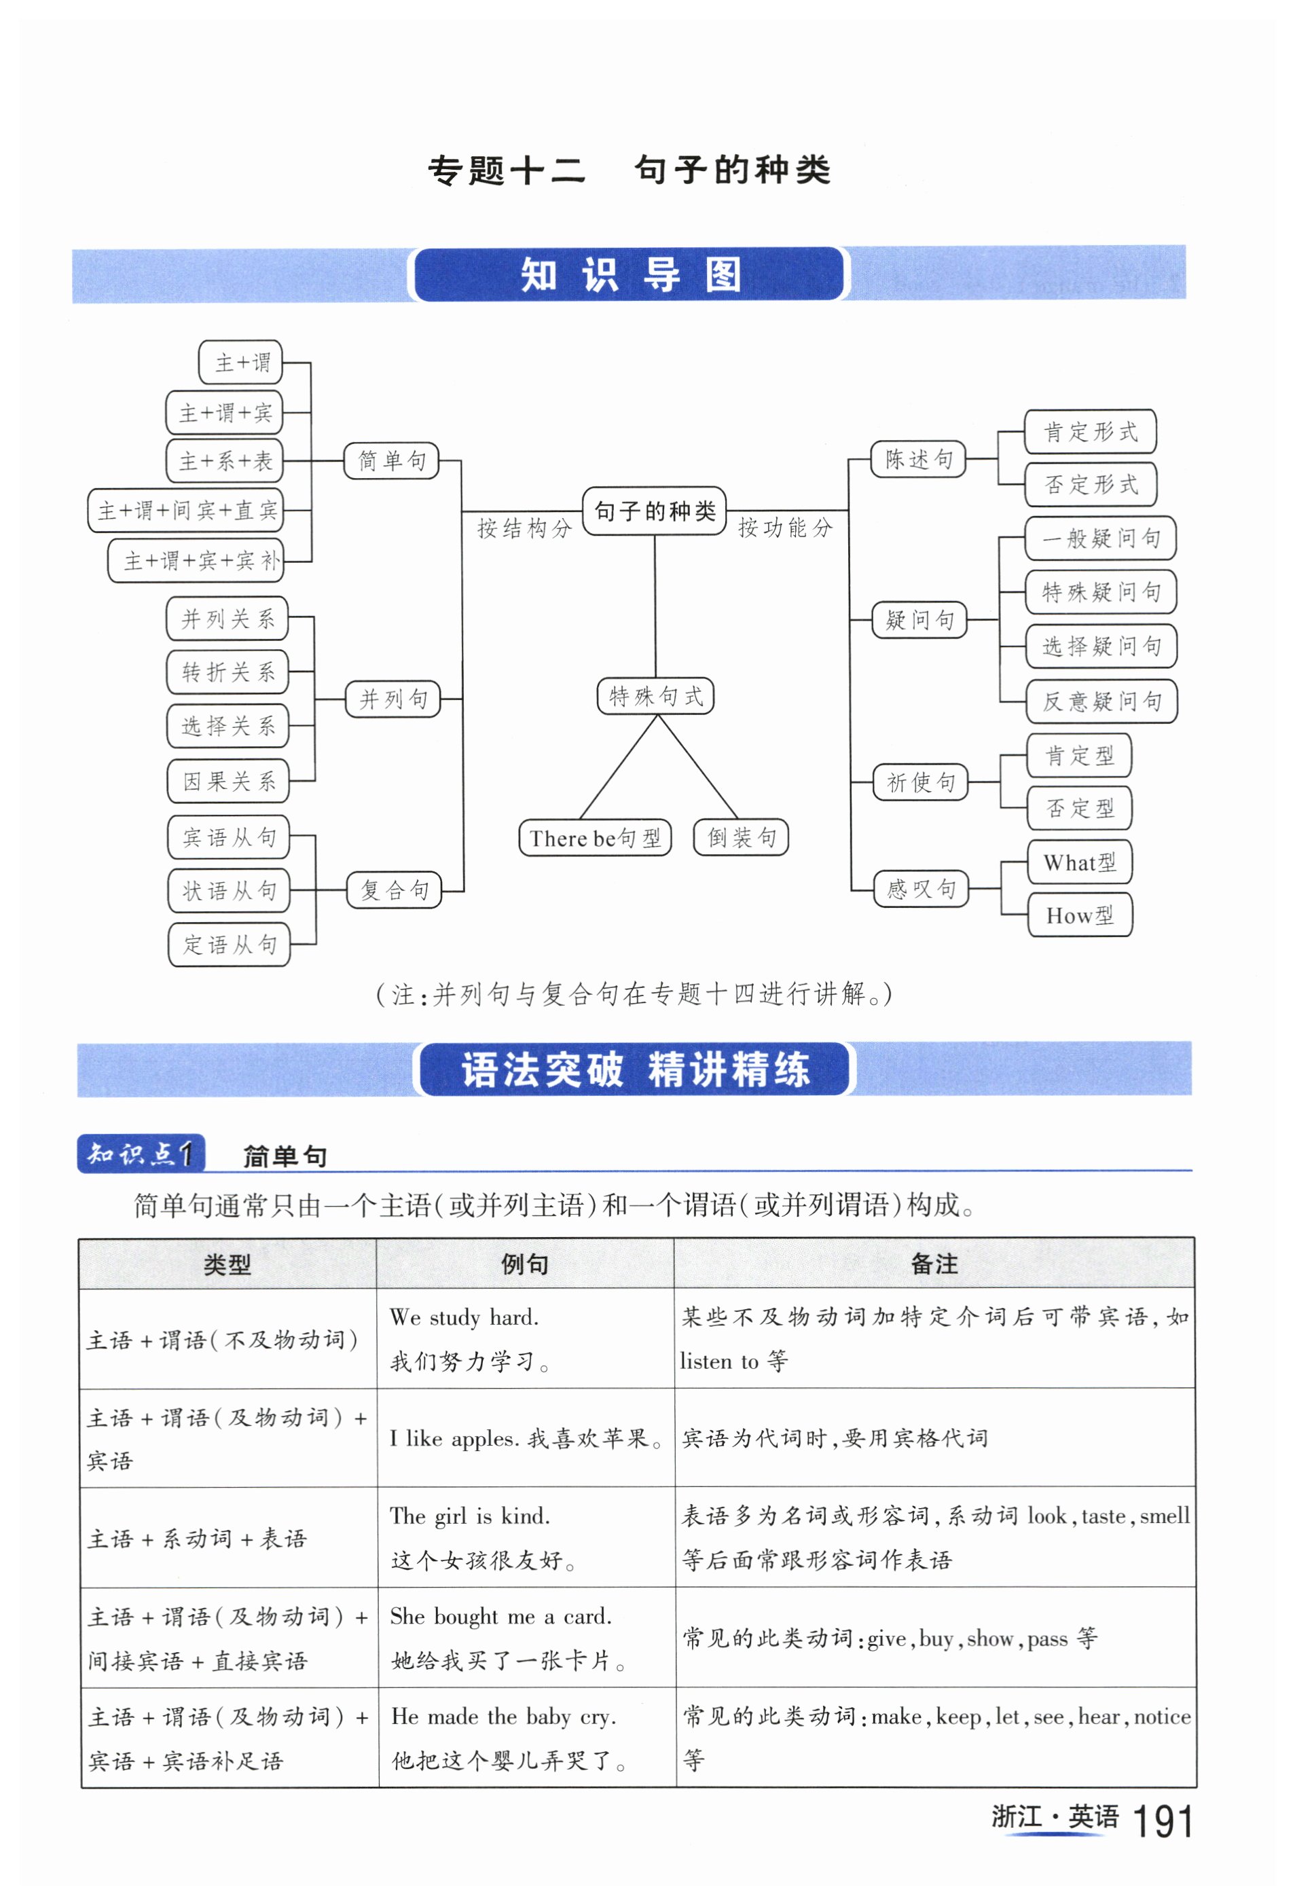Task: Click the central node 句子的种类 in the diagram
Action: pyautogui.click(x=654, y=511)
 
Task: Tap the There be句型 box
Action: pyautogui.click(x=595, y=838)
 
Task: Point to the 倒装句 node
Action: pyautogui.click(x=740, y=837)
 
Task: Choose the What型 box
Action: pyautogui.click(x=1079, y=862)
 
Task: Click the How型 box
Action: pyautogui.click(x=1079, y=916)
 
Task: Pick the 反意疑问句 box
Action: pyautogui.click(x=1100, y=701)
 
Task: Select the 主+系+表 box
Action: pyautogui.click(x=224, y=461)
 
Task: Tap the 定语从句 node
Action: pyautogui.click(x=230, y=945)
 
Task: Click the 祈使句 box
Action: pyautogui.click(x=920, y=782)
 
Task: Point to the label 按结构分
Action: pyautogui.click(x=524, y=528)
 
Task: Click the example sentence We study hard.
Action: pyautogui.click(x=464, y=1317)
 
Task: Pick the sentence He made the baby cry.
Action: pyautogui.click(x=503, y=1717)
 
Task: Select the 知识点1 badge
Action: pyautogui.click(x=141, y=1154)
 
